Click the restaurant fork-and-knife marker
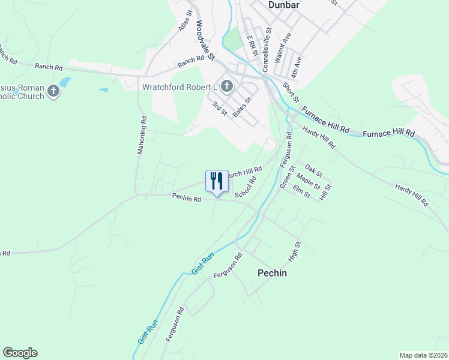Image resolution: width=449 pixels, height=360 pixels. [x=217, y=181]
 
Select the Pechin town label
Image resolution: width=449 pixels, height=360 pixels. [x=272, y=273]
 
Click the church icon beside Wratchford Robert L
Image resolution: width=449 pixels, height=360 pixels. [x=226, y=86]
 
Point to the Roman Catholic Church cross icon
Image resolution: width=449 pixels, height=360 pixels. [x=53, y=92]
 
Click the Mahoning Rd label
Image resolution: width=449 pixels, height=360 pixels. [x=142, y=136]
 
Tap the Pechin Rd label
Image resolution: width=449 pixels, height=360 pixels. [x=186, y=196]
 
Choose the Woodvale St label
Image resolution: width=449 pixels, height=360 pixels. [x=205, y=41]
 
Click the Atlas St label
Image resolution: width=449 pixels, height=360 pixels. [x=184, y=21]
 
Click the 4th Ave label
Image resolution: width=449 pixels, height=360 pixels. [x=295, y=66]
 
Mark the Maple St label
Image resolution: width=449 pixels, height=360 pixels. [x=309, y=181]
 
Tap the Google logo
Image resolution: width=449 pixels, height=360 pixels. [x=20, y=353]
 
